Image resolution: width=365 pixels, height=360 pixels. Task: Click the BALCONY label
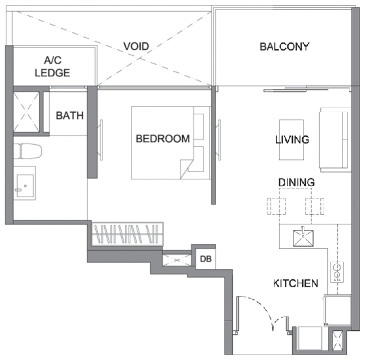coord(284,46)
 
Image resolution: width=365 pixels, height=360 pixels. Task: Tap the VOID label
coord(136,46)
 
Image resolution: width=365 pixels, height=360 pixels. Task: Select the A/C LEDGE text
coord(53,67)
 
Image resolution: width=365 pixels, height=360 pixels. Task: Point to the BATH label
coord(69,115)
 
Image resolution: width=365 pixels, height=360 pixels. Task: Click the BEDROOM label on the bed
coord(163,139)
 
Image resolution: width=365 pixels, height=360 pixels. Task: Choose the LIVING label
coord(292,139)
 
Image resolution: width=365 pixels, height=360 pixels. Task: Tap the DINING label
coord(296,182)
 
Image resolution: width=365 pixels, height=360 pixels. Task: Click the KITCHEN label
coord(296,283)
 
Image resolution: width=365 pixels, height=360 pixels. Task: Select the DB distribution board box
coord(205,259)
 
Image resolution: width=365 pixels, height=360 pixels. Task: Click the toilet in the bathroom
coord(27,151)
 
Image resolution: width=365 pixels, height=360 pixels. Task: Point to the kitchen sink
coord(303,238)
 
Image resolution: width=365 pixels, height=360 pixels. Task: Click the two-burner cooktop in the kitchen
coord(337,272)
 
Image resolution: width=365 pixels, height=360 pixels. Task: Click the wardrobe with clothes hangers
coord(127,234)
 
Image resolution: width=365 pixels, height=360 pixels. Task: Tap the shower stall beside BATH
coord(26,112)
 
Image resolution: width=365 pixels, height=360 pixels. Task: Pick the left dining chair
coord(276,206)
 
